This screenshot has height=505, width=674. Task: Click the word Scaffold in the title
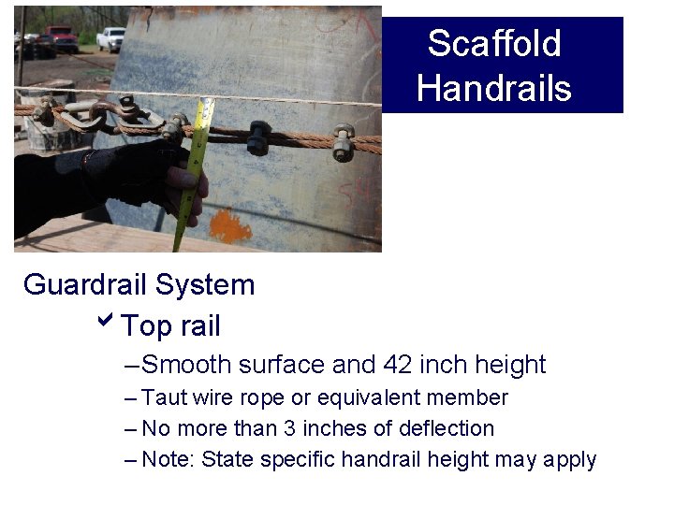tap(493, 44)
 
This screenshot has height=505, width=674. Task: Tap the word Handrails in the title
tap(493, 89)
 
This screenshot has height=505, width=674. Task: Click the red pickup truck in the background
tap(63, 38)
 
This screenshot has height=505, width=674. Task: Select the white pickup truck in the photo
tap(110, 38)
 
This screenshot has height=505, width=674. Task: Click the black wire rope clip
tap(258, 137)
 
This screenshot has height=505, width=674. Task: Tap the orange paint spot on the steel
tap(230, 225)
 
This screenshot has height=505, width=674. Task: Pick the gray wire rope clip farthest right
tap(344, 141)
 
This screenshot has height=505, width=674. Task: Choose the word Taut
tap(164, 398)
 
